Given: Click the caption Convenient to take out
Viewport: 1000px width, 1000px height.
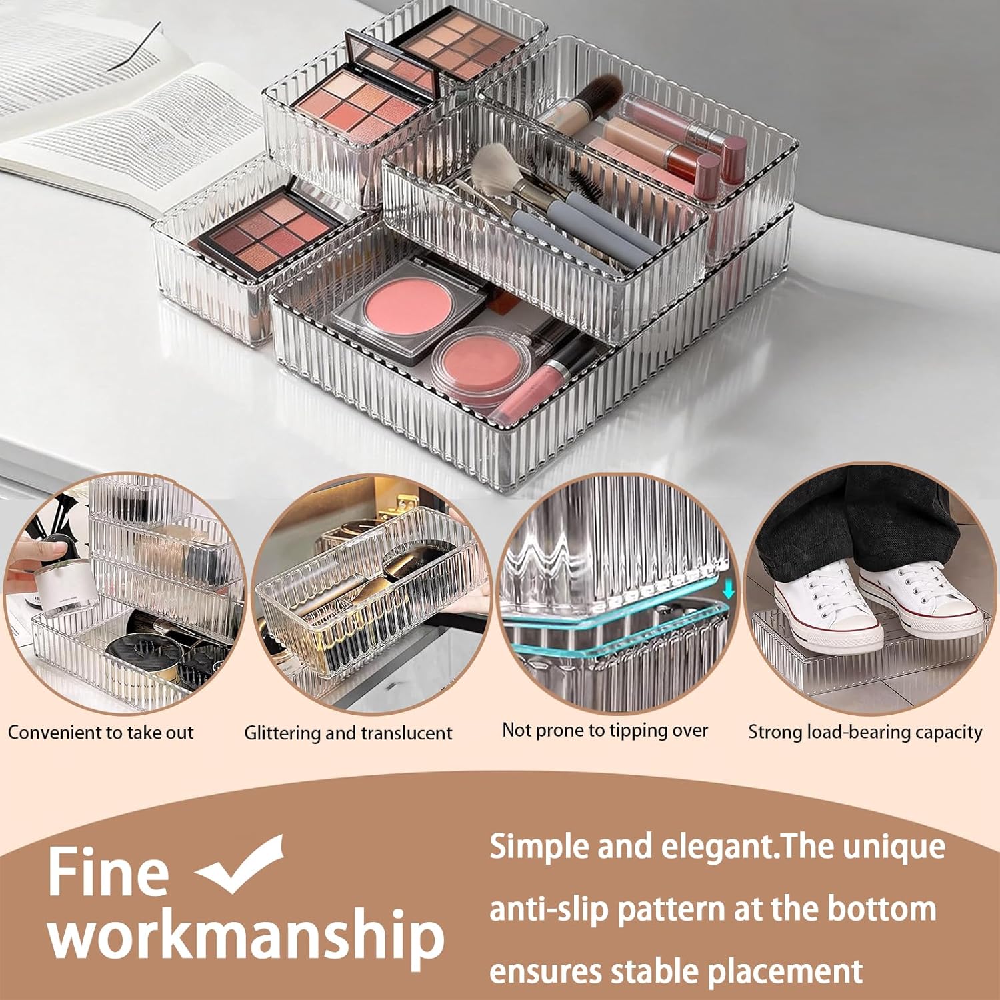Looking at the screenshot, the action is point(101,733).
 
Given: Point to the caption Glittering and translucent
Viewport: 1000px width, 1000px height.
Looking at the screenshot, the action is point(348,733).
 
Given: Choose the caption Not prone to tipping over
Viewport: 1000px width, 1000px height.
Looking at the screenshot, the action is point(605,731).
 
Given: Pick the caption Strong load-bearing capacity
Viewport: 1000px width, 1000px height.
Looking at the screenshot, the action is point(865,732).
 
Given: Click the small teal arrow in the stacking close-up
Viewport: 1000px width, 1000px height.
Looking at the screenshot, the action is point(728,589).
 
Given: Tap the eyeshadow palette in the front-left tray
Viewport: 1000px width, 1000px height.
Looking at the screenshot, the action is point(270,230).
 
